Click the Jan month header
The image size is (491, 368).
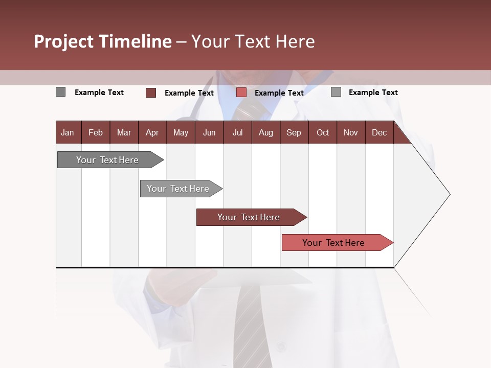(68, 132)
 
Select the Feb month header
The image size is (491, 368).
(96, 132)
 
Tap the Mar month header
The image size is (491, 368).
(124, 132)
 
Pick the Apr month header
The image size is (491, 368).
(152, 132)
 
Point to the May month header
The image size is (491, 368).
(181, 132)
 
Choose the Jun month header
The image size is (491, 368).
(209, 132)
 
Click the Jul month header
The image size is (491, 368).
(237, 132)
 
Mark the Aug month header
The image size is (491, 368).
(266, 132)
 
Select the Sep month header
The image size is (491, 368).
(294, 132)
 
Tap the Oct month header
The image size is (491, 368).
(323, 132)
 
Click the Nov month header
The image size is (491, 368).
(351, 132)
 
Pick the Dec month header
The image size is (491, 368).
(380, 132)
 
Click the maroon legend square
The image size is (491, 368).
(151, 93)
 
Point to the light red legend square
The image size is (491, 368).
(241, 93)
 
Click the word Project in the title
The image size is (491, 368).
(64, 41)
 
